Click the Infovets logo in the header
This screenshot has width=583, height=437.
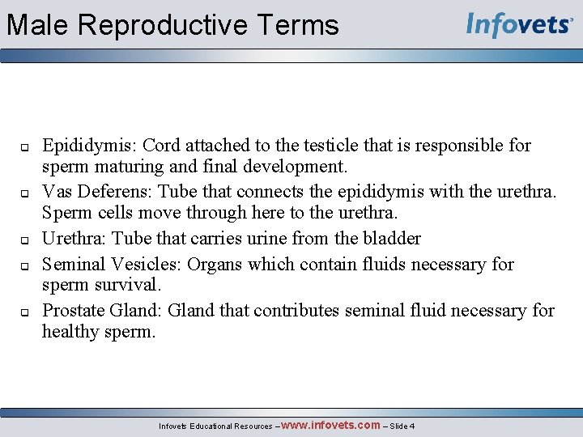tap(519, 24)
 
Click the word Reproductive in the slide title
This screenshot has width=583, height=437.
tap(160, 25)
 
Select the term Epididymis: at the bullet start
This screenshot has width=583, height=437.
tap(90, 146)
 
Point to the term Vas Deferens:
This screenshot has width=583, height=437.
tap(97, 192)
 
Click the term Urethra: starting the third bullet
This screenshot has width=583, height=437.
tap(74, 238)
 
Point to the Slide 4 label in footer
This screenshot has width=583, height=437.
tap(402, 426)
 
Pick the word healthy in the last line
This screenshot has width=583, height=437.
tap(70, 332)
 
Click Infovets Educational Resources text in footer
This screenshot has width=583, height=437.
tap(215, 426)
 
